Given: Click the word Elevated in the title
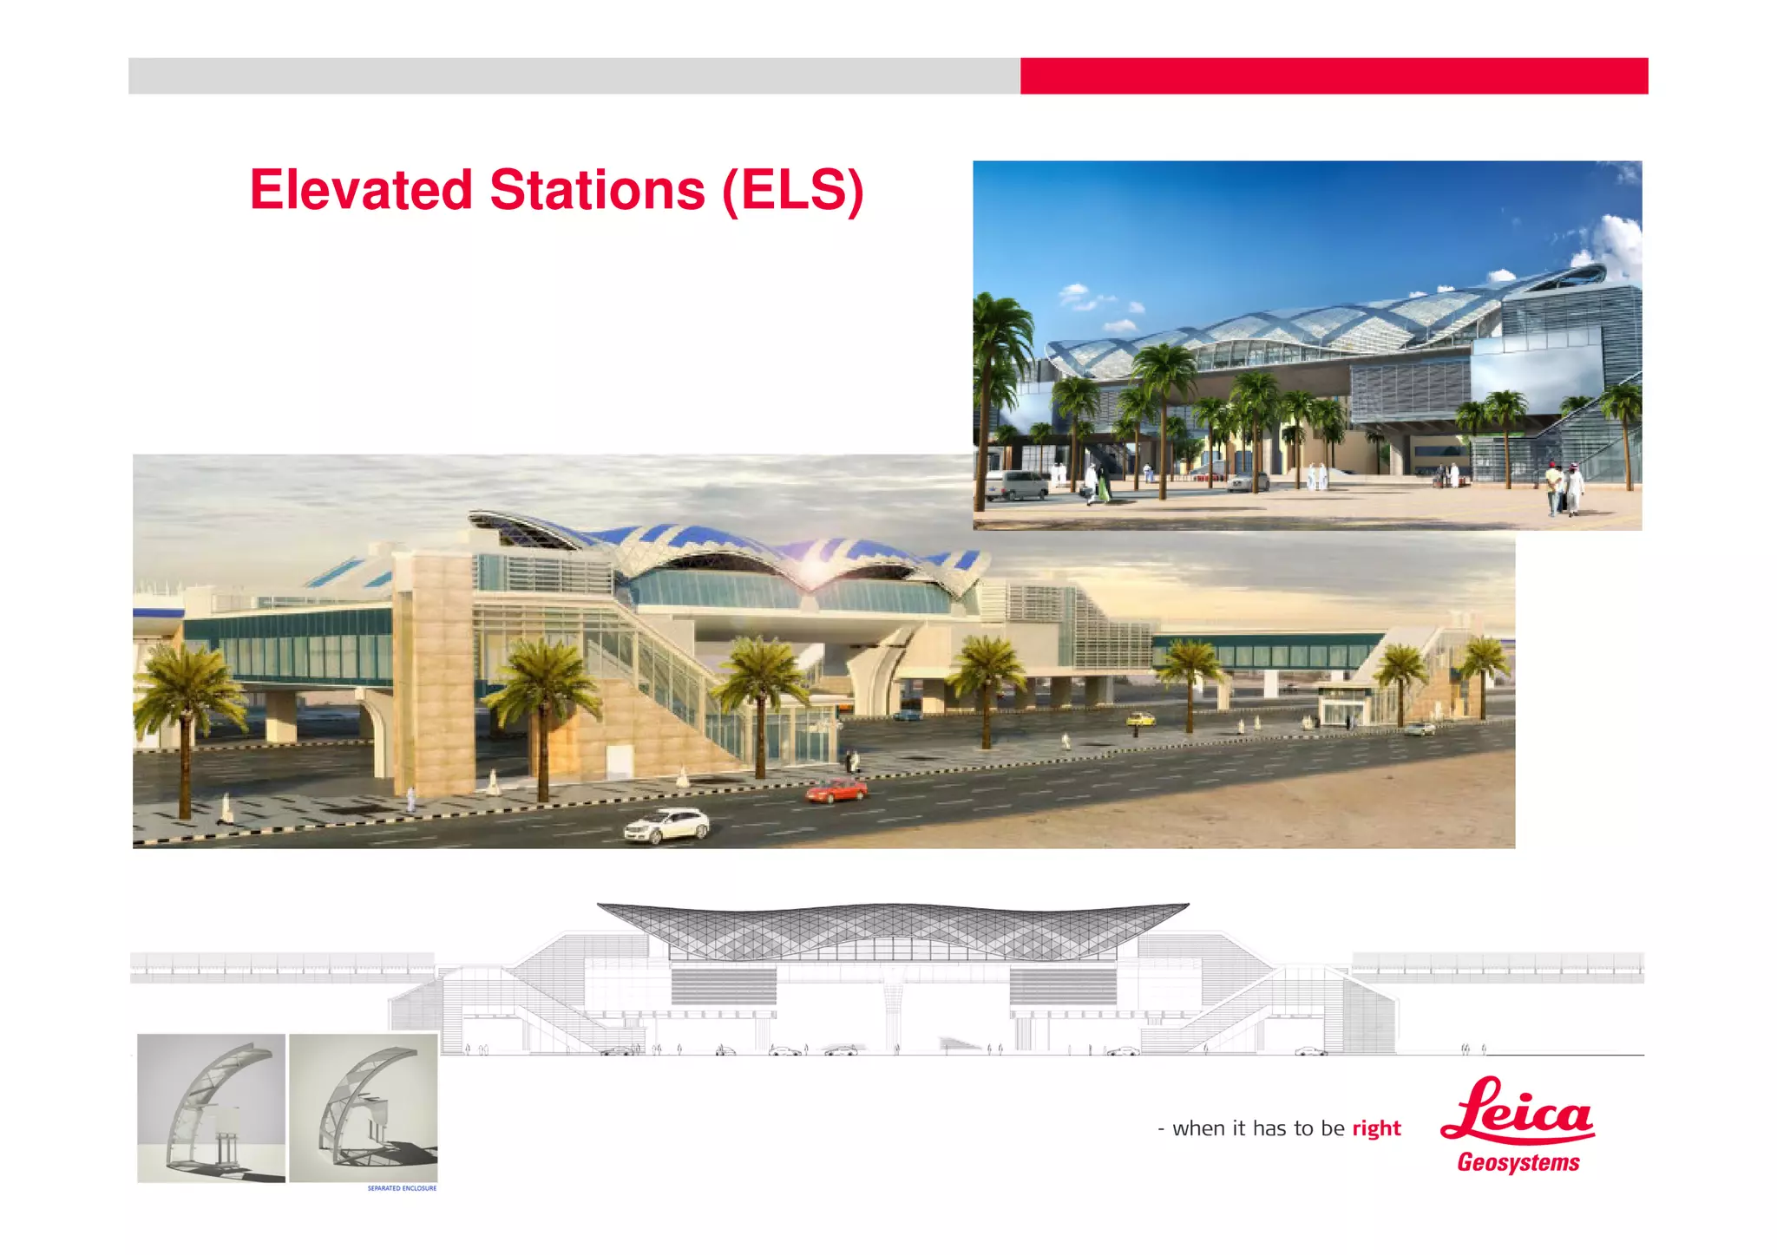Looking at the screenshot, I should coord(361,190).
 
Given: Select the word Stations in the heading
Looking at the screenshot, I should coord(597,190).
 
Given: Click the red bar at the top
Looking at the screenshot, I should coord(1333,76).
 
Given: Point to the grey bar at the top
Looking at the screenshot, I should coord(573,76).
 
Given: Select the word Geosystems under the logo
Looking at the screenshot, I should coord(1518,1162).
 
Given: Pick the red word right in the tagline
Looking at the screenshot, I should coord(1376,1128).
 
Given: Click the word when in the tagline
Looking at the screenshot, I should coord(1197,1128).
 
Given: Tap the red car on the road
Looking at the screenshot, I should coord(836,790).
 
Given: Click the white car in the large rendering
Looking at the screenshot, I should coord(666,825).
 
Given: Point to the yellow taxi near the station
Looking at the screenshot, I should coord(1141,719).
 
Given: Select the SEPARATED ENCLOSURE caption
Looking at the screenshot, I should coord(402,1188).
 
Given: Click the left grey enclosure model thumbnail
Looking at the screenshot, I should coord(211,1108).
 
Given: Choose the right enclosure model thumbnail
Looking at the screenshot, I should coord(363,1108).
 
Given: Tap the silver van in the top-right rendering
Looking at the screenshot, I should coord(1017,485).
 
